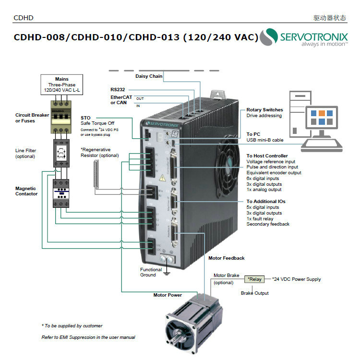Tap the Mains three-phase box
coord(62,84)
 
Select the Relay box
coord(255,279)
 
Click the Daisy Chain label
coord(149,76)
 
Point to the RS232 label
coord(118,89)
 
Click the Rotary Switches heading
coord(264,110)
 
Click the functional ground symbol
coord(167,274)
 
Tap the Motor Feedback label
coord(226,258)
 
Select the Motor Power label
coord(168,295)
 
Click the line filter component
coord(62,153)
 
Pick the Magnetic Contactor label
coord(26,191)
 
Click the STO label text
coord(85,118)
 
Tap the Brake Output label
coord(254,293)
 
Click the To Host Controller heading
coord(267,156)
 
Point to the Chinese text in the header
coord(329,18)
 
